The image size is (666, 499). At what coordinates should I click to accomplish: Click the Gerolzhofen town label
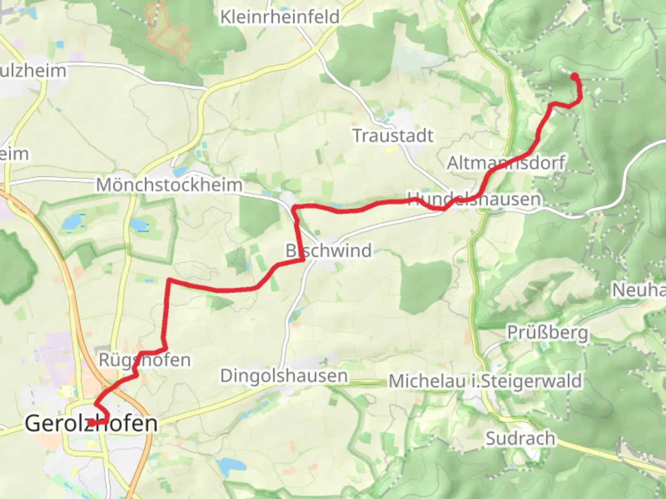tap(91, 423)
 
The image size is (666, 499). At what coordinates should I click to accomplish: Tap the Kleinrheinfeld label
tap(280, 17)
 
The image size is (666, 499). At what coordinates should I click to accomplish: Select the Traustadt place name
tap(394, 136)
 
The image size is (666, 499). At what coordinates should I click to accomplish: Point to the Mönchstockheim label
tap(169, 185)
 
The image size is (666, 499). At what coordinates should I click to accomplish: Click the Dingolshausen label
tap(284, 376)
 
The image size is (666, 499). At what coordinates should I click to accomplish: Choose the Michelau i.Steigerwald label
tap(485, 381)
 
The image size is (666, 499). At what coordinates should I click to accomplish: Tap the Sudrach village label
tap(520, 438)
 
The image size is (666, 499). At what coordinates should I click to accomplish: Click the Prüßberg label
tap(548, 332)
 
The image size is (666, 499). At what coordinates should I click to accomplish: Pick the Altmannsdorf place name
tap(506, 163)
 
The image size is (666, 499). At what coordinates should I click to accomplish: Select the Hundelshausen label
tap(474, 199)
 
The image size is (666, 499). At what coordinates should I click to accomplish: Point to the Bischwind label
tap(328, 250)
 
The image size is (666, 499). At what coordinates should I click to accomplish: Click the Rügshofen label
tap(145, 359)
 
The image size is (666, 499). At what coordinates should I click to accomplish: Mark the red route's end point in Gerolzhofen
tap(92, 423)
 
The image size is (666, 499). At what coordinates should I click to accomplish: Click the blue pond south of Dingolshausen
tap(228, 467)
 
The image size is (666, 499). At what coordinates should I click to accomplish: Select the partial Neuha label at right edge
tap(639, 290)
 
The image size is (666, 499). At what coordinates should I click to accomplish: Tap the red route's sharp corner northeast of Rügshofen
tap(169, 280)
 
